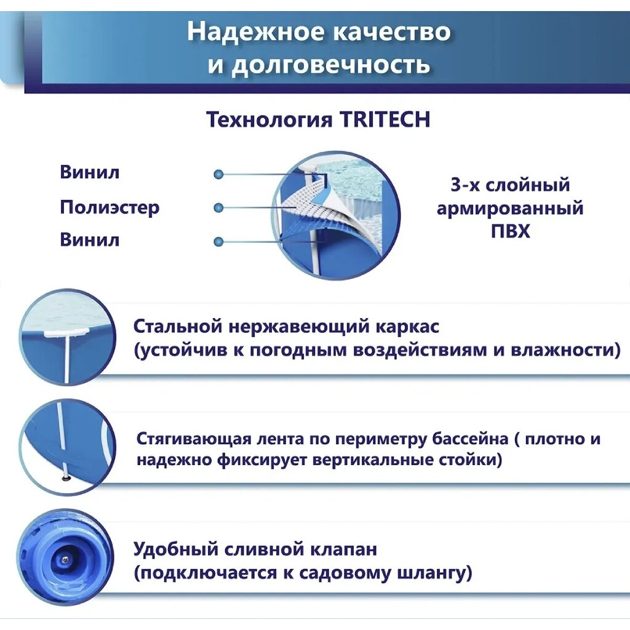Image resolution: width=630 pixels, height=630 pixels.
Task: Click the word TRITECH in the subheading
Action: tap(385, 119)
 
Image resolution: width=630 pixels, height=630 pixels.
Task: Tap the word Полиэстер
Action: tap(110, 207)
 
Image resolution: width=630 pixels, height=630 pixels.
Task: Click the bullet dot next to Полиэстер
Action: tap(218, 208)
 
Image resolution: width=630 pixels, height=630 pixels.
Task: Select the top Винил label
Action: tap(90, 172)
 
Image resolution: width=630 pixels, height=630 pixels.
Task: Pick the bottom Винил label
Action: tap(90, 240)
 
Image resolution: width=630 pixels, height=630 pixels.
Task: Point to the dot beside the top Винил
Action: tap(218, 174)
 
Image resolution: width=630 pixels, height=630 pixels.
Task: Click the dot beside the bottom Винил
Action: tap(218, 242)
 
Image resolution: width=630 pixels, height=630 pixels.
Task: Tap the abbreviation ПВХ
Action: tap(510, 231)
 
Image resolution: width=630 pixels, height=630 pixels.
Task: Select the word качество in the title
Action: tap(392, 32)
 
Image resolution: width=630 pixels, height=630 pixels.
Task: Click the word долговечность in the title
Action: tap(330, 64)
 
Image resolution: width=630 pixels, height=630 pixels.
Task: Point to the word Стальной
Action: tap(178, 326)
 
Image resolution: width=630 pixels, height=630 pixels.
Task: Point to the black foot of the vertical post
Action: tap(64, 477)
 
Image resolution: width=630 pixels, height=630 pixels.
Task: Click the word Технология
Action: tap(269, 120)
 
